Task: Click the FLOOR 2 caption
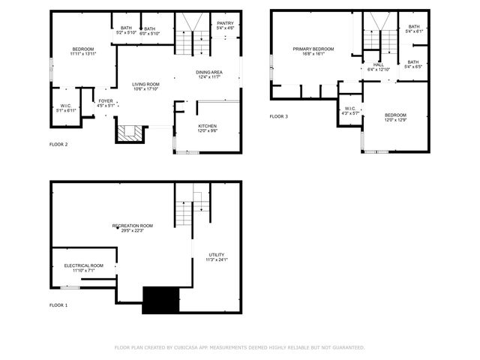[58, 144]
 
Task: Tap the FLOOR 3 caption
[279, 117]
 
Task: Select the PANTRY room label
[225, 23]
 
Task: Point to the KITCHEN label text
[208, 125]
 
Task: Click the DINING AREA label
[208, 72]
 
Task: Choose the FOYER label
[106, 100]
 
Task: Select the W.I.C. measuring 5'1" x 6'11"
[66, 109]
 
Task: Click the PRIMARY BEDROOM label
[313, 49]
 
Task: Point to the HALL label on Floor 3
[379, 65]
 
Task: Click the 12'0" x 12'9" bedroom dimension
[394, 120]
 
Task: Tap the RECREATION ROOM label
[133, 226]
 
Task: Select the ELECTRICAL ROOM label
[84, 265]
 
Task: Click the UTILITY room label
[215, 255]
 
